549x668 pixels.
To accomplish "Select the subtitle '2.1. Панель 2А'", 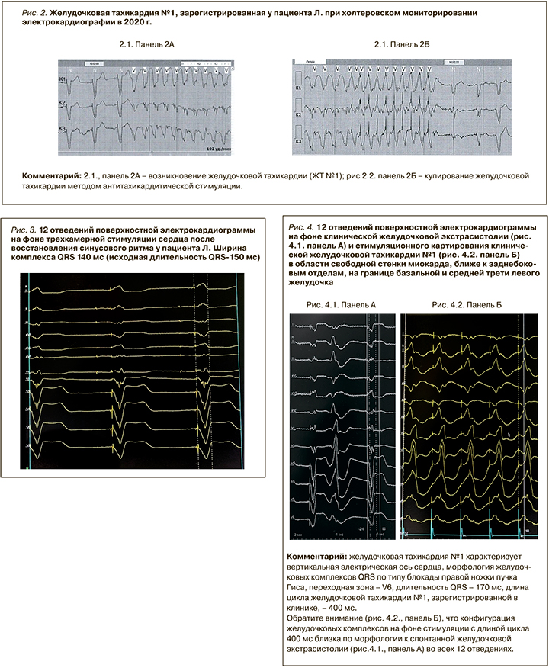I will point(147,47).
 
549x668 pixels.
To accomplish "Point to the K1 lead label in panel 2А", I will point(63,79).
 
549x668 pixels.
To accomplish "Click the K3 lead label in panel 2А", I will point(63,130).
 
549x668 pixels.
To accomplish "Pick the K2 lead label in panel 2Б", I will point(300,114).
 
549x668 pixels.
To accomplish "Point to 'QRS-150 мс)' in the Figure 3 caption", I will point(236,259).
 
